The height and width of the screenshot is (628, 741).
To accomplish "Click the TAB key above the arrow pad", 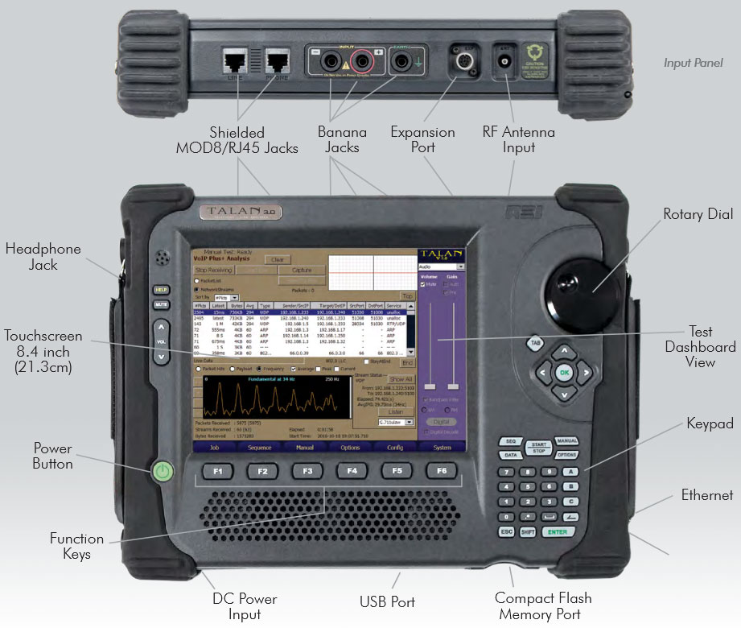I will (x=535, y=344).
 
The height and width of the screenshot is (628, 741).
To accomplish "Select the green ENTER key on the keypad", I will (x=558, y=532).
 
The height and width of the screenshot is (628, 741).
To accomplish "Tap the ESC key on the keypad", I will (x=506, y=532).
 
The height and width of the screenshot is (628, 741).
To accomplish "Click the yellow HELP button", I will (x=161, y=290).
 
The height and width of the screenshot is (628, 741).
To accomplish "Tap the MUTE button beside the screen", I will (x=161, y=305).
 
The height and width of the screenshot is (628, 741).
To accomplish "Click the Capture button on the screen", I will (x=302, y=271).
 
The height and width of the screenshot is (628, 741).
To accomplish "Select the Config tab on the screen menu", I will (x=395, y=447).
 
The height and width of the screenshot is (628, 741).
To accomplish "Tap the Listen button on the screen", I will (x=395, y=411).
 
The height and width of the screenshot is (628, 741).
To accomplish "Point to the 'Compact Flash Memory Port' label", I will (x=543, y=606).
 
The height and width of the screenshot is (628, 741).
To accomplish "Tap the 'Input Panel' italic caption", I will (x=693, y=62).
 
